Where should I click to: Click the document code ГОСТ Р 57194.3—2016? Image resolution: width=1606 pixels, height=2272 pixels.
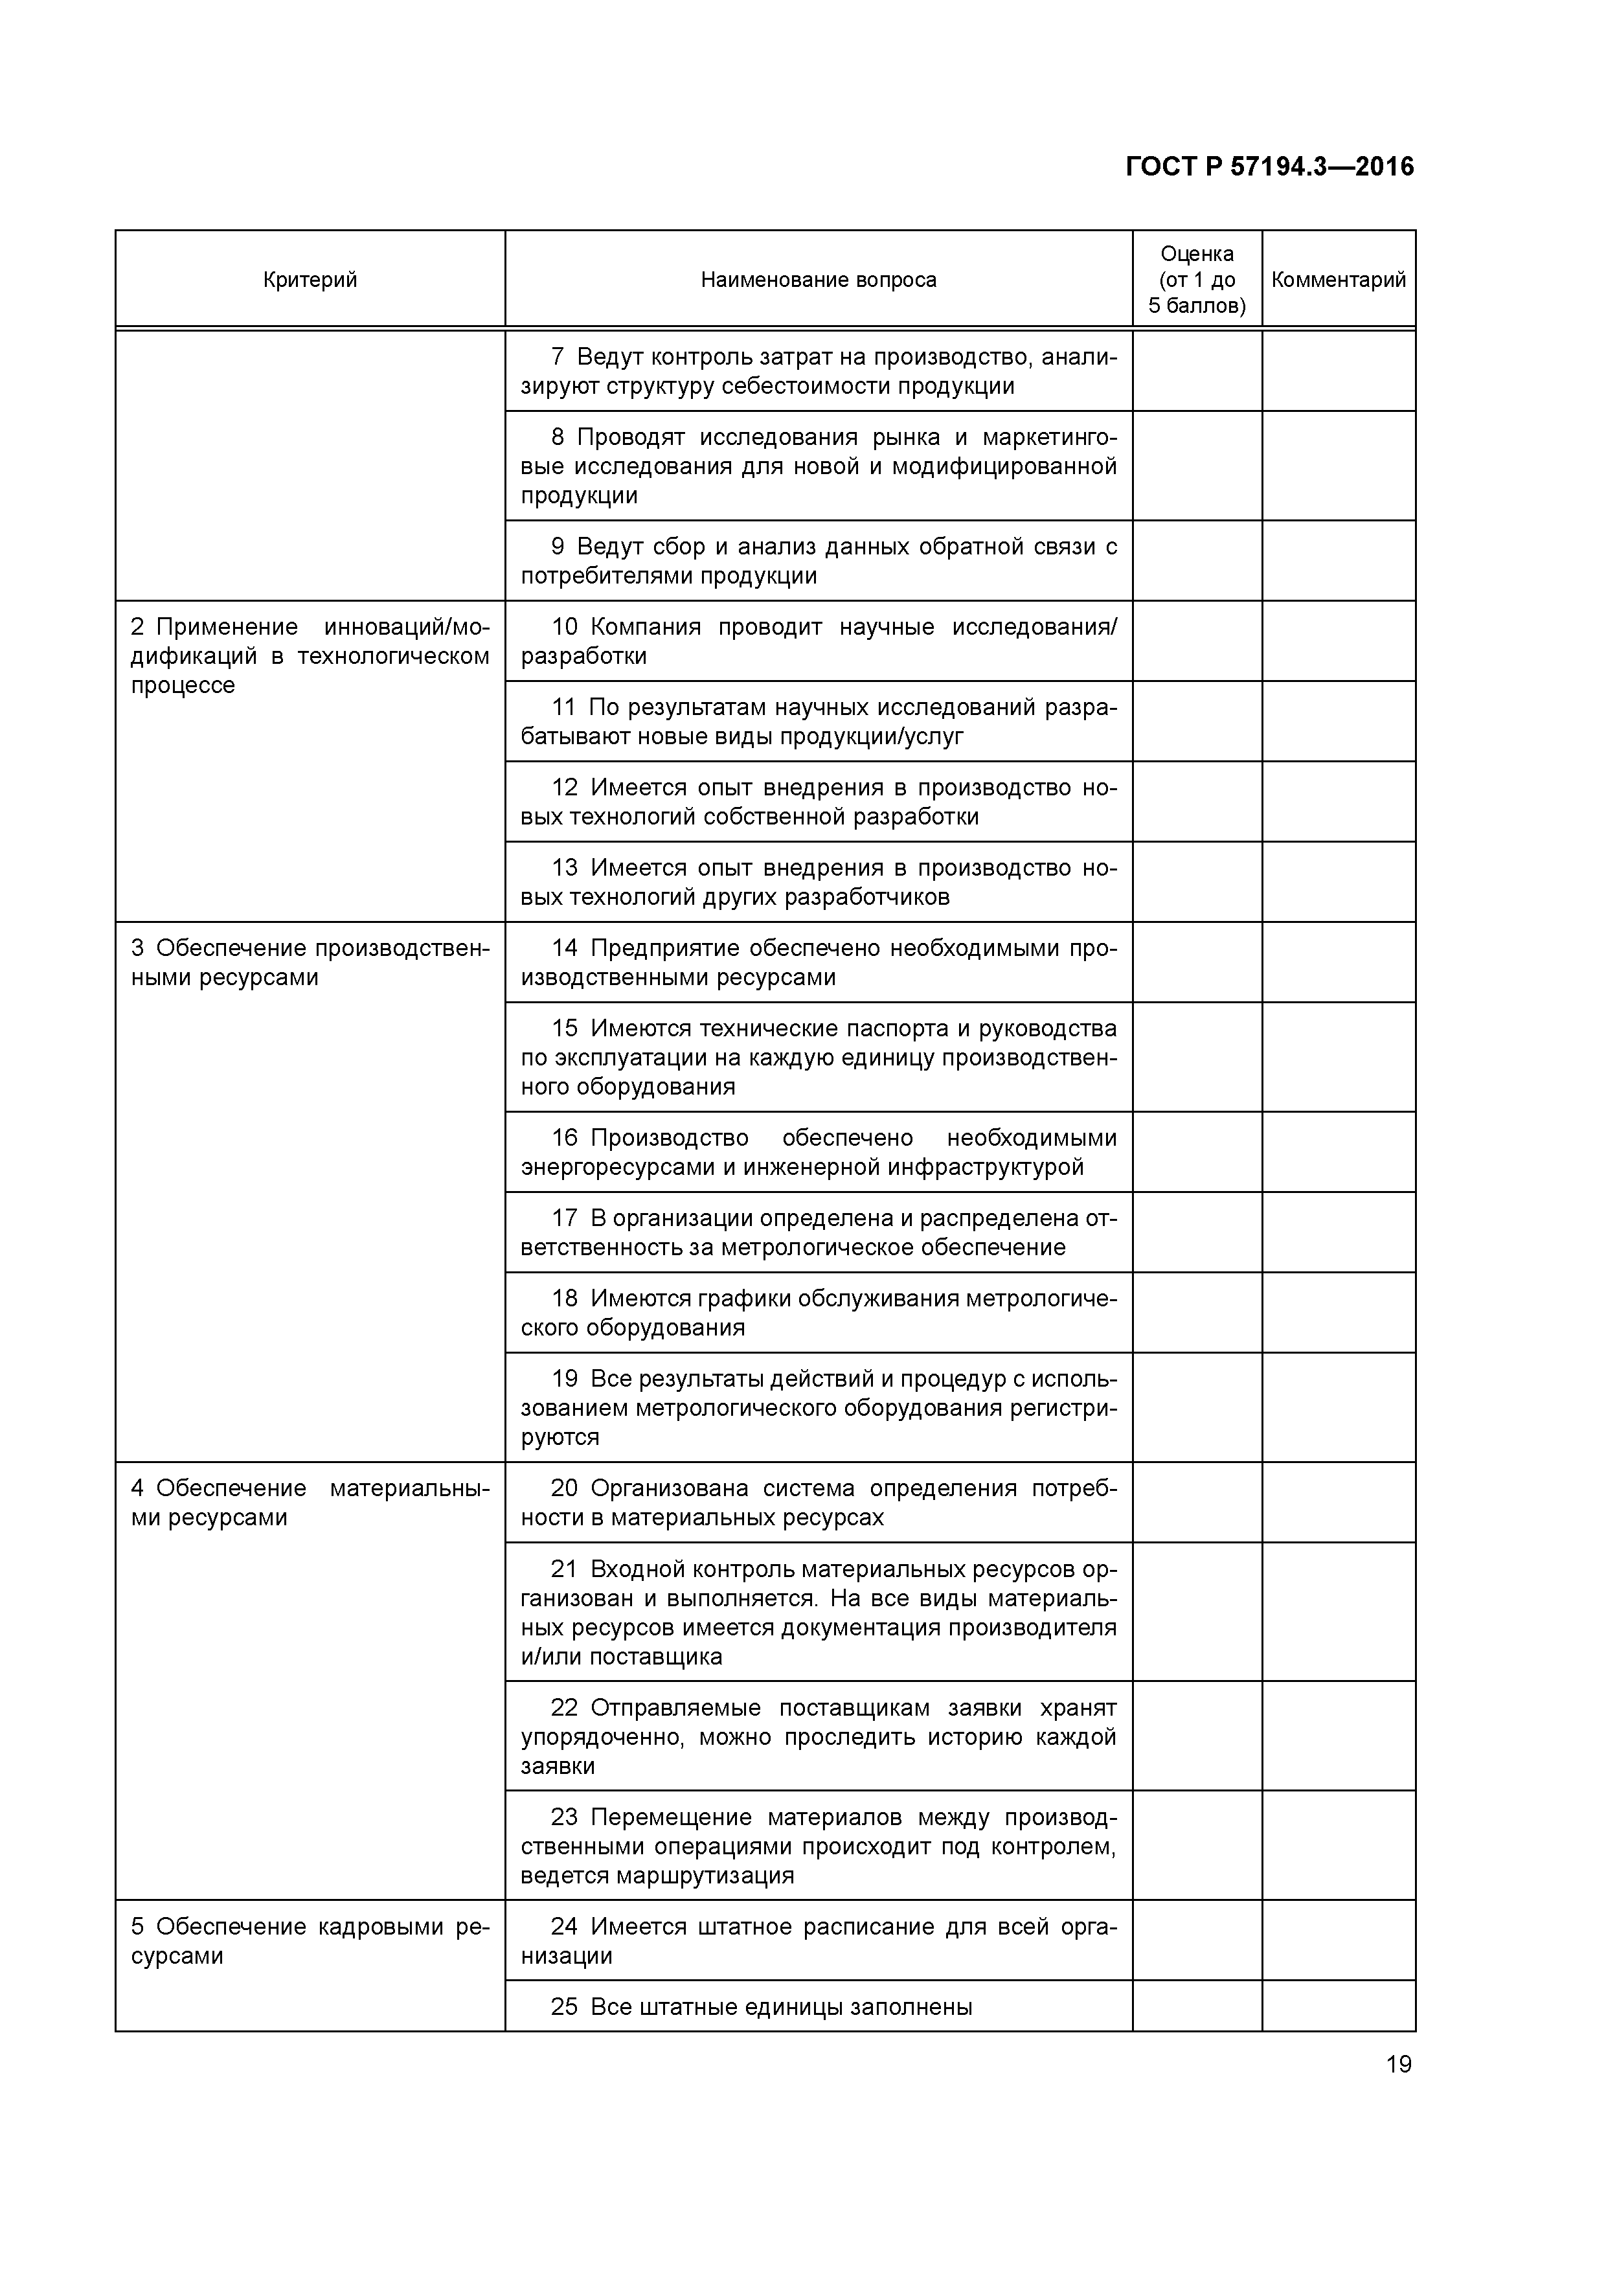click(x=1269, y=166)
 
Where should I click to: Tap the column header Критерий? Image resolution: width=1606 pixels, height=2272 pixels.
click(x=310, y=280)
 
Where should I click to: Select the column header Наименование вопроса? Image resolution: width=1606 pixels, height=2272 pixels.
click(x=819, y=280)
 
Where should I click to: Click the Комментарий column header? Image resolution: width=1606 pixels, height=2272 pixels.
click(x=1338, y=280)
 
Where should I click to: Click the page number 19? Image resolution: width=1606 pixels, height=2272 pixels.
click(x=1398, y=2064)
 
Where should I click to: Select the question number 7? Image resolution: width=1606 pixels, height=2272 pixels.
click(x=557, y=356)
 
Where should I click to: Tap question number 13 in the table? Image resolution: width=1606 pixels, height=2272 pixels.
click(x=564, y=868)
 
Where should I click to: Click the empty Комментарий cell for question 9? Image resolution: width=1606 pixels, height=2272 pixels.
click(x=1338, y=560)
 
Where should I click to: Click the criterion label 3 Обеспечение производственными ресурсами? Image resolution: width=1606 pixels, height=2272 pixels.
click(x=310, y=963)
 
